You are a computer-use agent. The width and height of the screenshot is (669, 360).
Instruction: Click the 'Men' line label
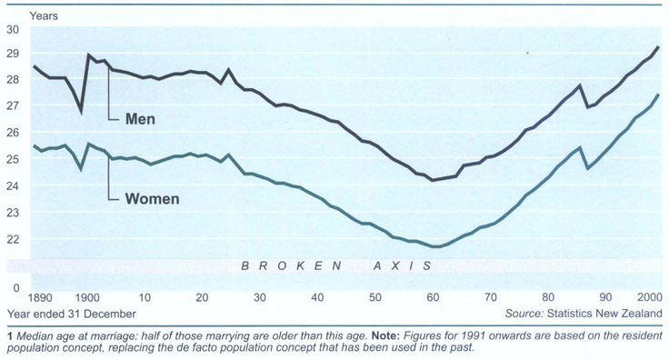click(x=139, y=119)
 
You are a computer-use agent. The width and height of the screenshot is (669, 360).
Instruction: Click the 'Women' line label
click(x=151, y=198)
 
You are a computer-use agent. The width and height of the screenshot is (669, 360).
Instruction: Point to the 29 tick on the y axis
click(x=13, y=55)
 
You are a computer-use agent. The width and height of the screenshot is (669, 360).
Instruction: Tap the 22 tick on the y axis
click(x=13, y=239)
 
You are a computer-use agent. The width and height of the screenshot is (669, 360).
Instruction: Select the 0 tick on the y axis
click(x=15, y=288)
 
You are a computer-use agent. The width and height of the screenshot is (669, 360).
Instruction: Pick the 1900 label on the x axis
click(x=89, y=299)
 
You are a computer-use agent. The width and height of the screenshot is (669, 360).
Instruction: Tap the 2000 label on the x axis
click(x=649, y=299)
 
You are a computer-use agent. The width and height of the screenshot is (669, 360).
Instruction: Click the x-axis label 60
click(x=433, y=299)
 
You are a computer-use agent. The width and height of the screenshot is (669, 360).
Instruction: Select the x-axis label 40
click(x=318, y=299)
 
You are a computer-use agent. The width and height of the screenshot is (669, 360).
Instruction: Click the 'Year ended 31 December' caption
click(x=72, y=314)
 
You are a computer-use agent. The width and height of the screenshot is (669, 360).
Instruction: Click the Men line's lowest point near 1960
click(x=433, y=180)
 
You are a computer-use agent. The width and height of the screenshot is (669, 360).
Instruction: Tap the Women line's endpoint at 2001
click(x=658, y=95)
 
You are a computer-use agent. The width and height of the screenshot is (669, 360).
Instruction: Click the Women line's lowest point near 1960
click(x=435, y=246)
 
